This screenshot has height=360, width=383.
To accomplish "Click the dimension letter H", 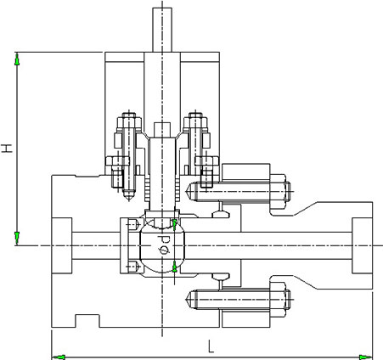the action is click(7, 148).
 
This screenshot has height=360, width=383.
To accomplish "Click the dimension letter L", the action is click(211, 346).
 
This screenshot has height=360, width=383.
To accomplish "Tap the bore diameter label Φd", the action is click(164, 244).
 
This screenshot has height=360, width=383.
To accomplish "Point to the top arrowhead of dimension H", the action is click(17, 59).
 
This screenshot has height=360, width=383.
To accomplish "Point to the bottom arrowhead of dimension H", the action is click(17, 238).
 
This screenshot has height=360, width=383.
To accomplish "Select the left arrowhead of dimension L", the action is click(59, 357).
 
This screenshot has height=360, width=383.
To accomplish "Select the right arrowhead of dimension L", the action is click(365, 357).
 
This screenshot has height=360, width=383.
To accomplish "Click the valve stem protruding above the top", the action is click(162, 30).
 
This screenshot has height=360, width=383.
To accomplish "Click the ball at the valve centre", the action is click(162, 245).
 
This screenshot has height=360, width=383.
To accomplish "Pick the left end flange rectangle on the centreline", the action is click(62, 245).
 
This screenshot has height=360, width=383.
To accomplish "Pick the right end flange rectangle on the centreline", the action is click(362, 245).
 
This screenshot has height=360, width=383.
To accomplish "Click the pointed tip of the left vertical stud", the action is click(129, 199).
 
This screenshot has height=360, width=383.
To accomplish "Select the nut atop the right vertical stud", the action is click(195, 121).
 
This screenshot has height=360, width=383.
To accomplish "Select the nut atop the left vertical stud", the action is click(129, 121).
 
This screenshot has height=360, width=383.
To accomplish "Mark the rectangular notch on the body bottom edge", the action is click(87, 321).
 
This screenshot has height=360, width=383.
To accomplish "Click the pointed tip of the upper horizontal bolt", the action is click(187, 192).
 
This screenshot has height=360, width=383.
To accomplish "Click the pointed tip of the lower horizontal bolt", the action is click(187, 300).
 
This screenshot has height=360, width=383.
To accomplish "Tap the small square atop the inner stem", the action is click(162, 130).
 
